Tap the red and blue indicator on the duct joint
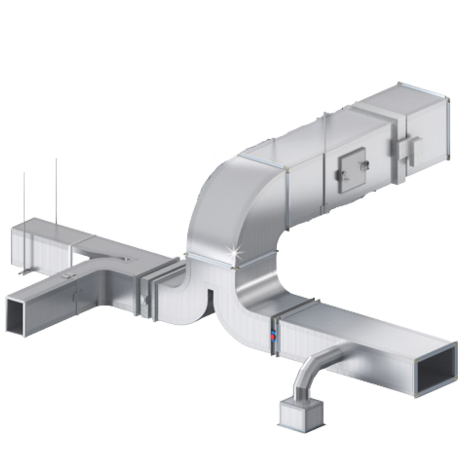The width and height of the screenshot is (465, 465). (273, 336)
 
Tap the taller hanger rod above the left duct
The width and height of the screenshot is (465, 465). (57, 191)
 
